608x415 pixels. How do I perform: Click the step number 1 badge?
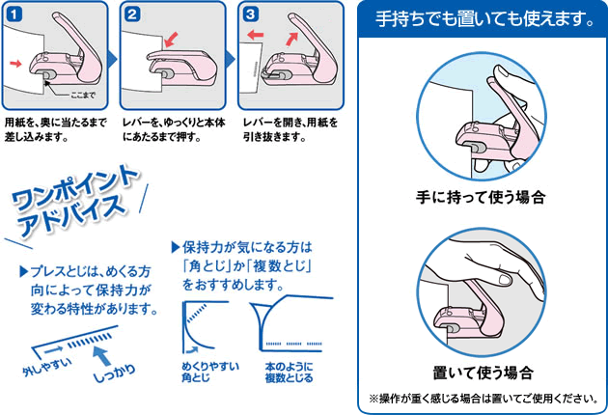tap(14, 14)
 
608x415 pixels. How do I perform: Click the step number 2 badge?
tap(132, 14)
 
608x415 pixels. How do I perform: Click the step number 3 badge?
tap(251, 14)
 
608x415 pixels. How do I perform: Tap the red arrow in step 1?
tap(15, 64)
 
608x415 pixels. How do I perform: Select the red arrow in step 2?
tap(171, 40)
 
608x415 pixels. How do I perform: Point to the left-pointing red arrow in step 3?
tap(255, 35)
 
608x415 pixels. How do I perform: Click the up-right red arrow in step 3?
tap(292, 39)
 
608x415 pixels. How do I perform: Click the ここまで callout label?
tap(83, 95)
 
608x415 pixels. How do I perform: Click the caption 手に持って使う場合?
tap(481, 197)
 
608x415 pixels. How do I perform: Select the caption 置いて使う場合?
tap(484, 373)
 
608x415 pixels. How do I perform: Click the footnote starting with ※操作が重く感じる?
tap(484, 399)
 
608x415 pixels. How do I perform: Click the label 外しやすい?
tap(47, 366)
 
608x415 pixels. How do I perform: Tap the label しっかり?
tap(115, 374)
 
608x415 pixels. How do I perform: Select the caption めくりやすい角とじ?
tap(210, 372)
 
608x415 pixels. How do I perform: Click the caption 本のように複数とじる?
tap(289, 373)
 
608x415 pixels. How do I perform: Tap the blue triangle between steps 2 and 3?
tap(231, 60)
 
